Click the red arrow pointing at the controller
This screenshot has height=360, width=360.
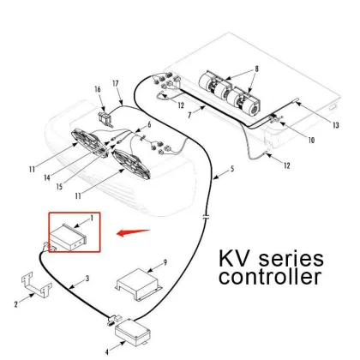point(135,231)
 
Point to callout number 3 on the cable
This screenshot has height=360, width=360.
point(86,279)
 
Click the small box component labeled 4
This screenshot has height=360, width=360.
point(134,327)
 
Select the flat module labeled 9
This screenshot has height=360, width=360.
point(138,283)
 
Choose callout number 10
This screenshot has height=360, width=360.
point(310,139)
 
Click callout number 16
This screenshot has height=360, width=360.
point(98,88)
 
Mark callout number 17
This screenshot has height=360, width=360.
point(117,83)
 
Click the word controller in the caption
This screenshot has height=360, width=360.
point(271,279)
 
